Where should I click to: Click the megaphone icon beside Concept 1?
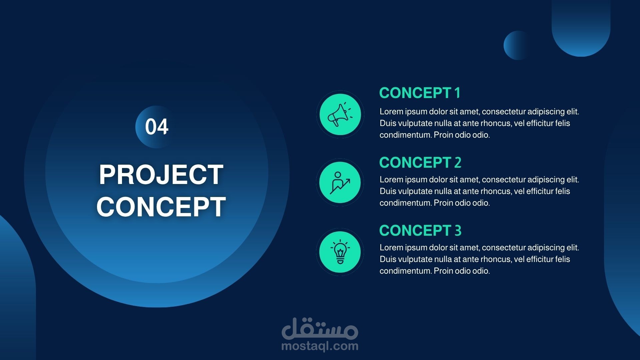click(340, 114)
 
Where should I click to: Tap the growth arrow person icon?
click(340, 182)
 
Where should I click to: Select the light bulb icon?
click(340, 252)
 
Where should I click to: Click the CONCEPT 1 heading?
click(420, 93)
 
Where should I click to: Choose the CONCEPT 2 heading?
click(420, 163)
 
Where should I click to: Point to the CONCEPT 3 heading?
click(420, 231)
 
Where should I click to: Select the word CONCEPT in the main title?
click(161, 206)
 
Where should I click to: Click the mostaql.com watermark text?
click(320, 346)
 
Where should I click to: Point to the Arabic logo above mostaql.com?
click(320, 328)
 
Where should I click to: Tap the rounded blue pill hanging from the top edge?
click(581, 28)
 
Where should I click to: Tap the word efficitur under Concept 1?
click(539, 123)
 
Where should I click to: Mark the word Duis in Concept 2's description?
click(388, 191)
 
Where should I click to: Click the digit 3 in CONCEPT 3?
click(458, 231)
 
